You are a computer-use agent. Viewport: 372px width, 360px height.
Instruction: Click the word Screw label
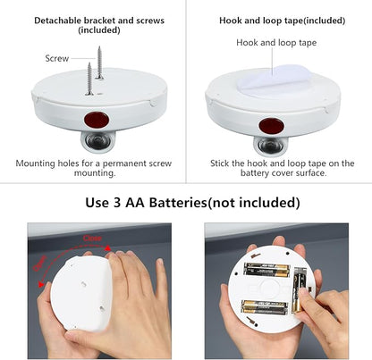click(57, 59)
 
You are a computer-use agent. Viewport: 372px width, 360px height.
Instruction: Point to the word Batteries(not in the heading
click(202, 202)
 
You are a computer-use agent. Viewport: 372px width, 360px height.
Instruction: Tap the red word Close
click(92, 238)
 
